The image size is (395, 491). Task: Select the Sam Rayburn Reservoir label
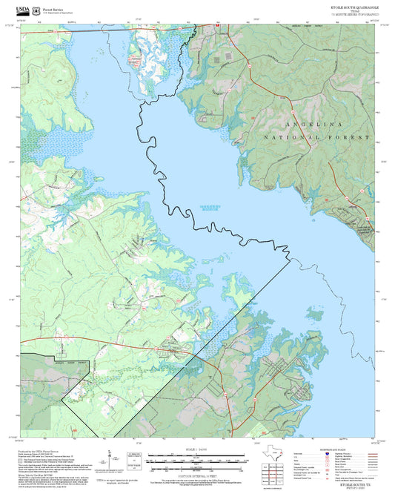(x=214, y=208)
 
